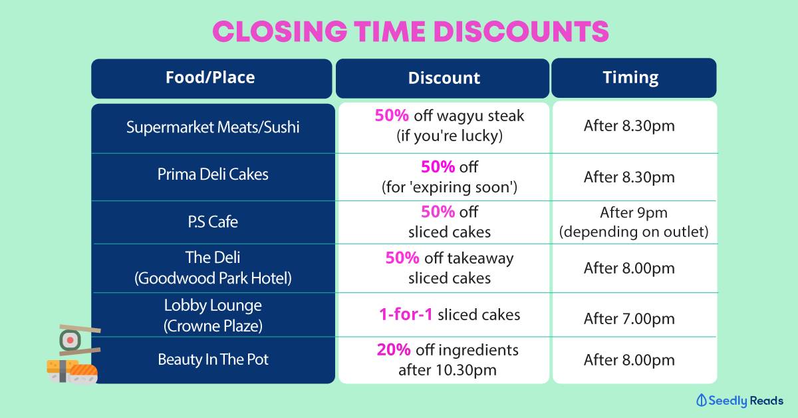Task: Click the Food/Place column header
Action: point(210,78)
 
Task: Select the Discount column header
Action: point(444,78)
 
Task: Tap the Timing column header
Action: point(630,78)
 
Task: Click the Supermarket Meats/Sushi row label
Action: point(213,127)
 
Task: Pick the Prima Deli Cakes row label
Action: point(213,174)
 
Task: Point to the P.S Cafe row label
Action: point(213,222)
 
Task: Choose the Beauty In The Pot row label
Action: point(213,359)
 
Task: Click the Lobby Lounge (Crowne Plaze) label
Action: point(213,315)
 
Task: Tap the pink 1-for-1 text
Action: point(406,315)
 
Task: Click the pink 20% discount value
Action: point(394,350)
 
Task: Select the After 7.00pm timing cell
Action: point(629,319)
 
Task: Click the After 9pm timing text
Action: point(633,212)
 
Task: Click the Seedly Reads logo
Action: point(739,400)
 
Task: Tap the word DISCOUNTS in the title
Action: point(521,31)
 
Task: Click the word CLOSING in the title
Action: point(280,31)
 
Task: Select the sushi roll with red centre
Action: point(70,340)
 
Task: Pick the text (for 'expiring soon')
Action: point(450,187)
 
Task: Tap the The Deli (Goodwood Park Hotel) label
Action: point(213,268)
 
